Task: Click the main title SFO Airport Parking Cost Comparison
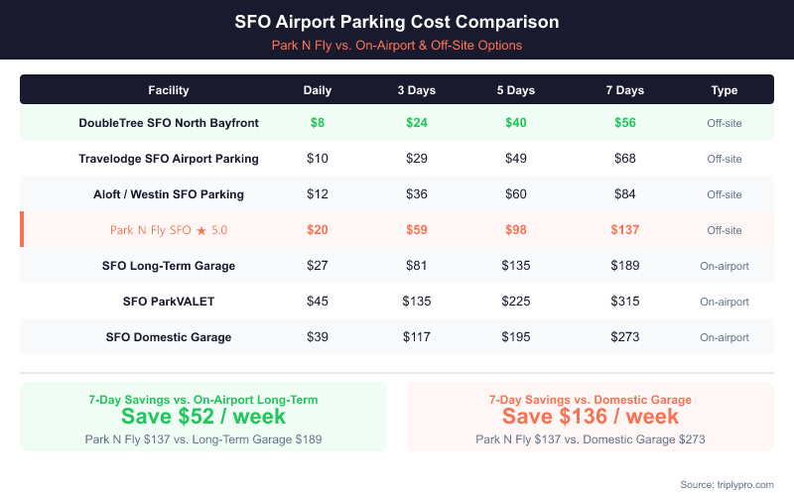point(397,21)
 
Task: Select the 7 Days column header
point(624,90)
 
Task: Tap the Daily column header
point(318,90)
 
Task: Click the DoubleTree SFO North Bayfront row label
point(169,123)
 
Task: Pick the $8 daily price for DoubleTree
point(318,123)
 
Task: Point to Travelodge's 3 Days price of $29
point(417,159)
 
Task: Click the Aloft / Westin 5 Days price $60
point(516,194)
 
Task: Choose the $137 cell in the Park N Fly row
point(624,230)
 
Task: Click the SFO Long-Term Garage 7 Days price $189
point(624,266)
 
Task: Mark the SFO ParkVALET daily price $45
point(318,302)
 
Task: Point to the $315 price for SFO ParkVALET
point(624,302)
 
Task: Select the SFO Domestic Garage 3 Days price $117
point(417,337)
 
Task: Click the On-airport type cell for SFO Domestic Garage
point(725,337)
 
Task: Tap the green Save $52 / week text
point(203,416)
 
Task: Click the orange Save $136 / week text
point(591,416)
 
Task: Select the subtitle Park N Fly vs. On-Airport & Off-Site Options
point(397,45)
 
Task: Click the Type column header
point(725,90)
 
